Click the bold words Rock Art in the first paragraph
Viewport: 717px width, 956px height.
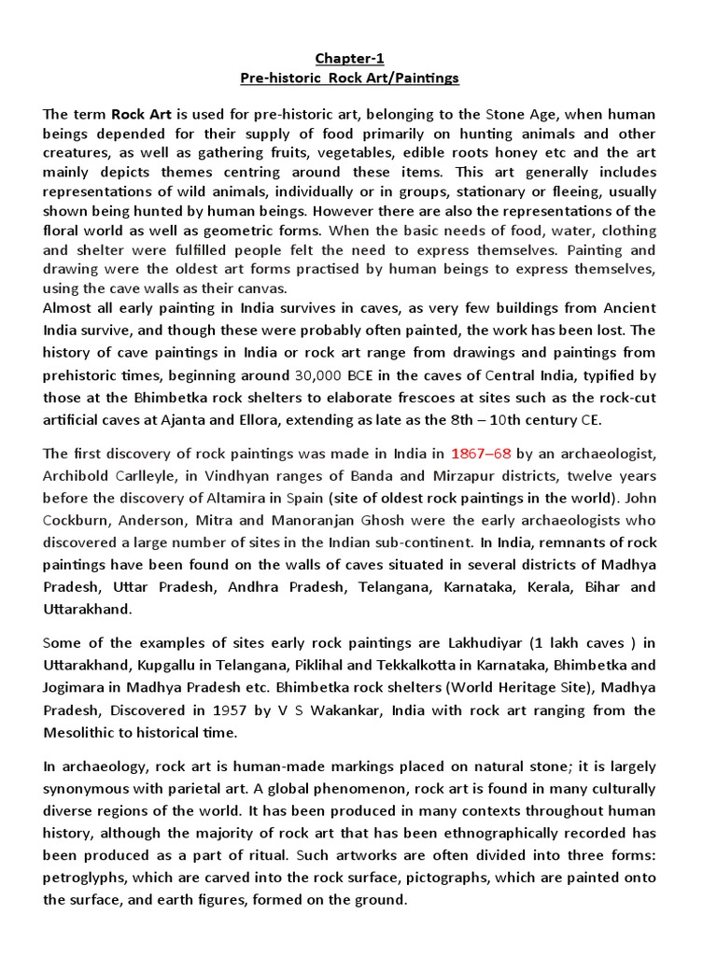[x=140, y=114]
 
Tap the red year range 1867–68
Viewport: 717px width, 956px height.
[x=481, y=454]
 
